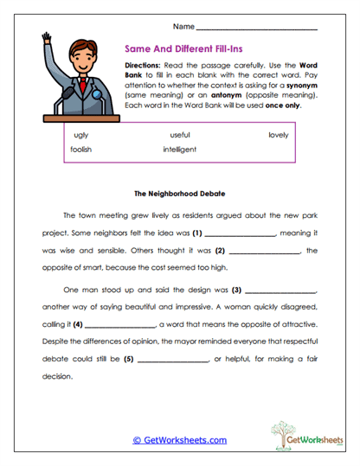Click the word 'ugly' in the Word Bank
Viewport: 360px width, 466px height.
click(81, 136)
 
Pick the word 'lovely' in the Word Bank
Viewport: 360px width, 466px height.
click(278, 136)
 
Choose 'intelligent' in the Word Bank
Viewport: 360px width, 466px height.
click(179, 150)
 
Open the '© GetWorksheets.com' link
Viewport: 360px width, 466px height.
click(179, 439)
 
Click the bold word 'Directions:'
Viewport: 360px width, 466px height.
click(144, 67)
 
